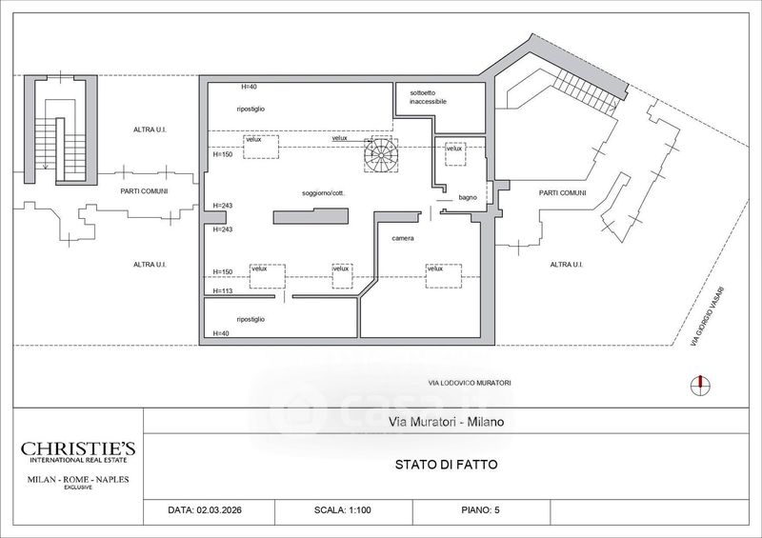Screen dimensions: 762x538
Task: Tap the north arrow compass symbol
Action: (x=700, y=386)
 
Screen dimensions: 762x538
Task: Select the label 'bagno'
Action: (x=468, y=197)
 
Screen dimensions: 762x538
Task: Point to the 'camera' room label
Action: (x=403, y=238)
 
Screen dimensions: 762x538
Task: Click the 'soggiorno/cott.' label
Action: (x=323, y=193)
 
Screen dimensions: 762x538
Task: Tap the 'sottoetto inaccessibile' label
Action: (x=428, y=97)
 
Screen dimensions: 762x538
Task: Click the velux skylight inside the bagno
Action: (x=455, y=153)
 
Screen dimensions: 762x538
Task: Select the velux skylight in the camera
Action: (x=444, y=276)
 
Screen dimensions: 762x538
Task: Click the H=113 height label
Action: (x=223, y=291)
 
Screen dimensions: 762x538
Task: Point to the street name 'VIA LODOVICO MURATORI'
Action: (x=470, y=383)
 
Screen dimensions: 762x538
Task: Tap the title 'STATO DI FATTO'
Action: (x=446, y=465)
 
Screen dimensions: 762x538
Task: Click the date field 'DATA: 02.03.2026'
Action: (x=205, y=510)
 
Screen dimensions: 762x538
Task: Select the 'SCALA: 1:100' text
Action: (x=343, y=510)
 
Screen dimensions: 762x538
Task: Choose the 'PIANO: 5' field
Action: (x=480, y=510)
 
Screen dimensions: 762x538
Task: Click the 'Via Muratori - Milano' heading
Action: (x=446, y=422)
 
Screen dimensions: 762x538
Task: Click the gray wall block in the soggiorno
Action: (x=311, y=216)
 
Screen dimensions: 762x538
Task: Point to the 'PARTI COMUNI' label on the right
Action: (x=562, y=193)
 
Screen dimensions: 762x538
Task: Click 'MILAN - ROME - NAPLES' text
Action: (x=78, y=479)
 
